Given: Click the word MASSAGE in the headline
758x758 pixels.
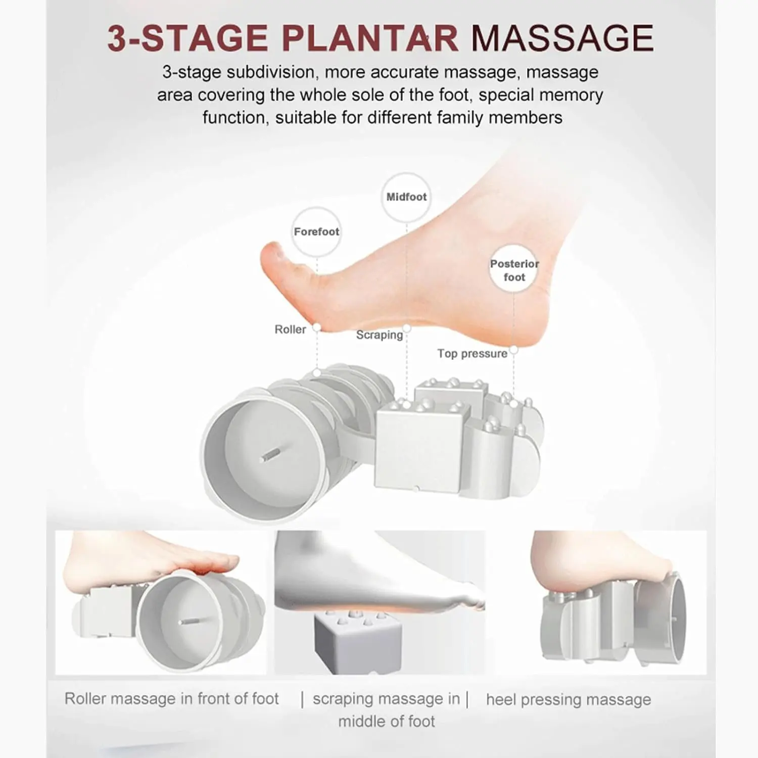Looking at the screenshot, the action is pos(562,38).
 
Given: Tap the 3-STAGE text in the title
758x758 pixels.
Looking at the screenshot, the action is pos(187,38).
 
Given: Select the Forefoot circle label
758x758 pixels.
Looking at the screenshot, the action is pos(316,232).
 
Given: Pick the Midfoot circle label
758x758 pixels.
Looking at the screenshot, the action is pos(406,197).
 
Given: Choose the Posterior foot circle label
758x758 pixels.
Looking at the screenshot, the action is pos(514,269).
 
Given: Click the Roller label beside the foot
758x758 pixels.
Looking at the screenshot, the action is pos(290,329).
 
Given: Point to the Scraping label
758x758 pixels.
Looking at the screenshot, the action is pos(380,335).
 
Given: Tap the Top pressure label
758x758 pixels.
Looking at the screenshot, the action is pos(472,354).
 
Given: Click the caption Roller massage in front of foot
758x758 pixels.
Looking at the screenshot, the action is pos(171,699).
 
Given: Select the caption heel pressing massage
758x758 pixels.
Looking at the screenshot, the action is pos(568,700).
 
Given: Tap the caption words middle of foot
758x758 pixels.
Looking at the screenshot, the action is pos(387,721).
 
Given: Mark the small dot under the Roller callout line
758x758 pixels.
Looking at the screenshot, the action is pos(317,372).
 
